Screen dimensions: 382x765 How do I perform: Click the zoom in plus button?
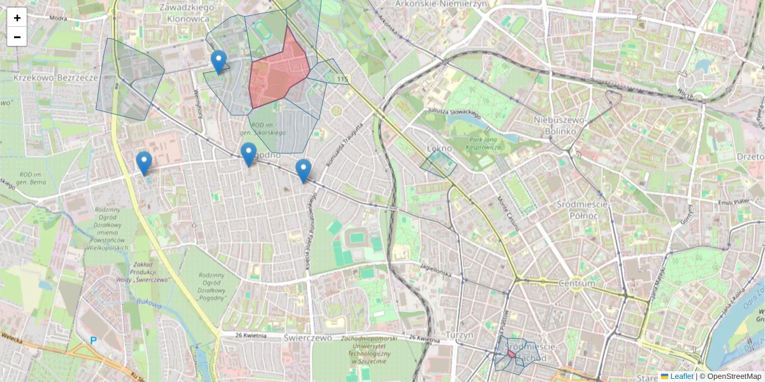tap(17, 17)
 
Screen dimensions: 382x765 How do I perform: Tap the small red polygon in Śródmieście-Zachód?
tap(511, 353)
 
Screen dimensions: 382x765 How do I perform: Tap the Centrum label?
tap(576, 283)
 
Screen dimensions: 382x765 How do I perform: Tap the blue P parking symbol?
tap(93, 341)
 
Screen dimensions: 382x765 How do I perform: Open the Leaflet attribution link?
tap(681, 376)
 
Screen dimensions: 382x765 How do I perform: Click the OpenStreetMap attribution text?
tap(733, 376)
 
